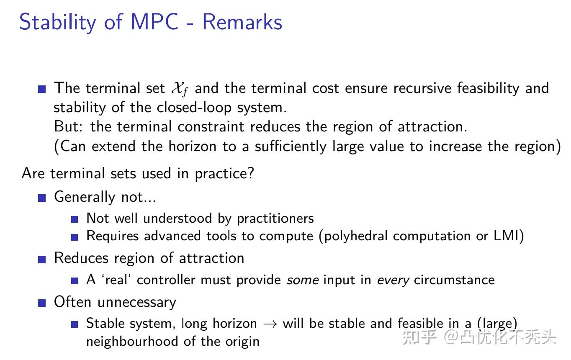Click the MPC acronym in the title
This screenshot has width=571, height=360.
click(x=154, y=22)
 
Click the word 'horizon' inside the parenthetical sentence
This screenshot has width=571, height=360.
click(x=193, y=146)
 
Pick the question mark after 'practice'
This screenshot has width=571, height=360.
click(x=250, y=173)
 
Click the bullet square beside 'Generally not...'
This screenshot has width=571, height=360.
click(x=41, y=198)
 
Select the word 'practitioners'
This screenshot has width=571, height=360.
click(x=275, y=218)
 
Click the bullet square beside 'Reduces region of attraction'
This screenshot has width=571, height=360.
click(x=41, y=259)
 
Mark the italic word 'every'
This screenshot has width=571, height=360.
click(x=393, y=280)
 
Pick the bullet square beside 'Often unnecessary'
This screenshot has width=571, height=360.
click(x=41, y=303)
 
